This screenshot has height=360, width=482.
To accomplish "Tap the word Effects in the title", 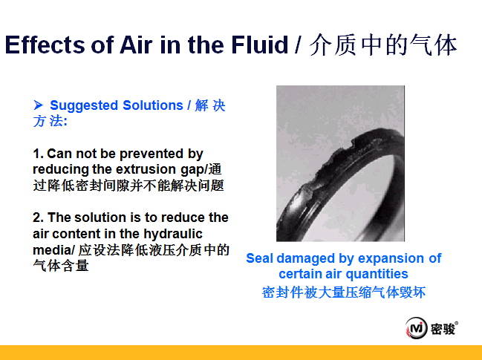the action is (44, 45).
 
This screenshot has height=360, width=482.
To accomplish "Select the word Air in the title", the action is (136, 45).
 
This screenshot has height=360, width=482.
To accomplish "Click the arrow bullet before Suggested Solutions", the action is (38, 105).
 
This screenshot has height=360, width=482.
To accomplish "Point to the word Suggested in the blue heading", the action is (84, 105).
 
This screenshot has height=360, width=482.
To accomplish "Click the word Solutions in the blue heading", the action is (153, 105).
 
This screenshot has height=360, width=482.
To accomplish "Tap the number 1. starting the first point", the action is (38, 154).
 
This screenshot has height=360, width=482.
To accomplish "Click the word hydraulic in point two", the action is (173, 234).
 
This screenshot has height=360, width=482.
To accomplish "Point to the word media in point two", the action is (52, 250).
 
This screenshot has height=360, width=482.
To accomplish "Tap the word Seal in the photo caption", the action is (259, 258).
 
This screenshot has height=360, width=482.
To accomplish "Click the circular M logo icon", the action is (417, 328).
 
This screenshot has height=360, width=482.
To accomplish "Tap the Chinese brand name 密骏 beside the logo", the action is (443, 329).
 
